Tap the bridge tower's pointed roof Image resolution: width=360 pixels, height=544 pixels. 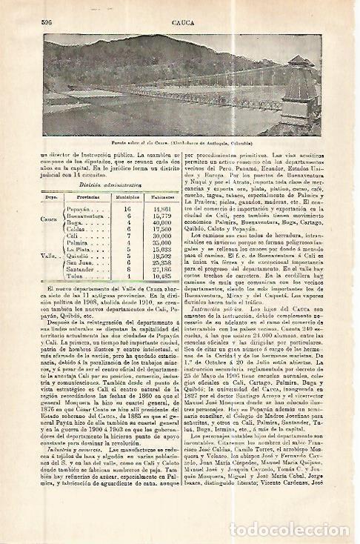point(298,62)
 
